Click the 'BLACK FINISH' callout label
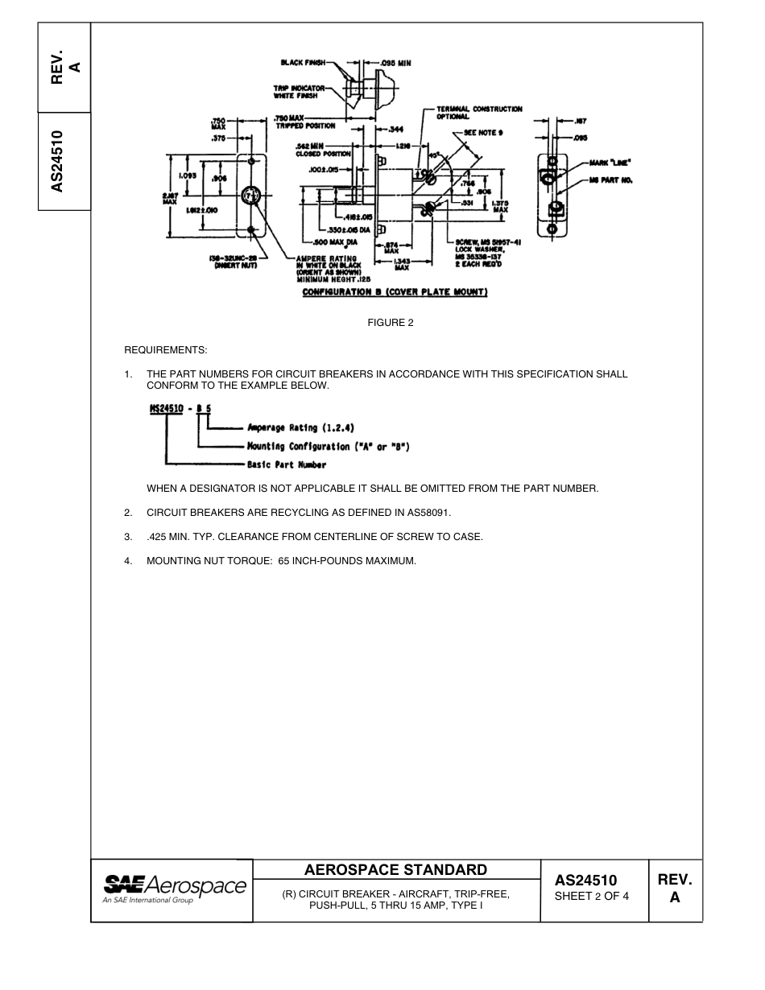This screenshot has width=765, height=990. (303, 62)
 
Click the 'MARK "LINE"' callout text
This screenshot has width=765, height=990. (610, 162)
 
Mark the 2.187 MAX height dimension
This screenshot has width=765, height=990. (169, 197)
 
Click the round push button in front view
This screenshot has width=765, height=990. (252, 196)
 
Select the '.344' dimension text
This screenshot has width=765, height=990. (395, 129)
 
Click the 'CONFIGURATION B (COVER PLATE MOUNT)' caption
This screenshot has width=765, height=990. (395, 291)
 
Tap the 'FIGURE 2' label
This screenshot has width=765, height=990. (391, 323)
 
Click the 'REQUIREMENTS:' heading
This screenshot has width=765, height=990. (165, 350)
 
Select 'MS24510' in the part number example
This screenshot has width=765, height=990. (165, 409)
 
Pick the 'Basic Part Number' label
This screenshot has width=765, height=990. (286, 464)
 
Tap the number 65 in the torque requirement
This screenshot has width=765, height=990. (283, 560)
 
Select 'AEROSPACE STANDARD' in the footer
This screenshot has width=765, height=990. (395, 869)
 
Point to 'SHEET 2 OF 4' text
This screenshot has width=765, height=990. (592, 896)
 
